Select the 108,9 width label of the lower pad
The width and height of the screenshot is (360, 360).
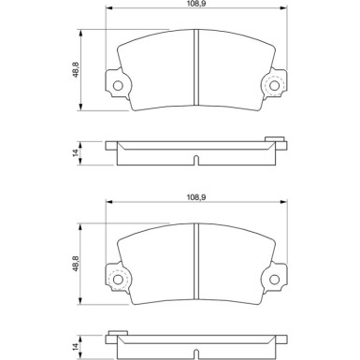tap(194, 197)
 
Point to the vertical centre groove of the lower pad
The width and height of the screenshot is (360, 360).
tap(195, 260)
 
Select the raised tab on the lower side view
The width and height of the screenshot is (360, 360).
tap(117, 334)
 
